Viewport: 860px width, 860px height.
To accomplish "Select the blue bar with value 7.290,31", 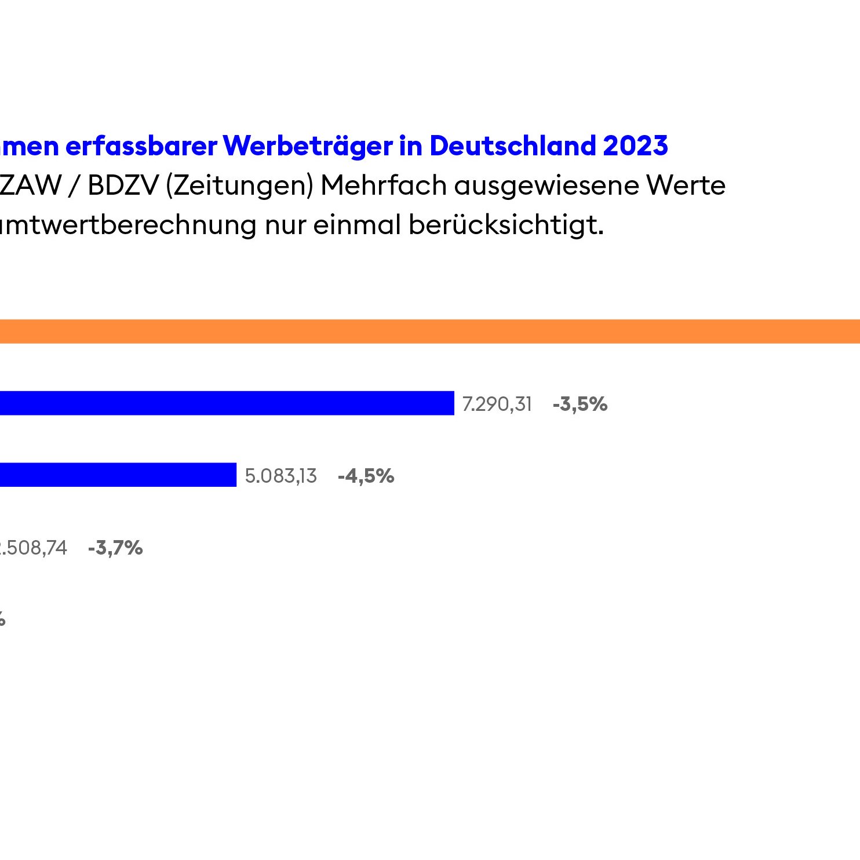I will pyautogui.click(x=226, y=403).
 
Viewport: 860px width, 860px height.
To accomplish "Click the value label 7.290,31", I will pyautogui.click(x=497, y=404).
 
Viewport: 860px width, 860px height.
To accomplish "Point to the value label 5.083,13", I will pyautogui.click(x=281, y=476).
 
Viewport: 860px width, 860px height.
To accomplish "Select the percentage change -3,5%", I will pyautogui.click(x=580, y=404).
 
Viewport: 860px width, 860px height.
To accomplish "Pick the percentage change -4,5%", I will pyautogui.click(x=366, y=476).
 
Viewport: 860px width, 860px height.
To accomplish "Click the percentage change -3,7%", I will pyautogui.click(x=115, y=548).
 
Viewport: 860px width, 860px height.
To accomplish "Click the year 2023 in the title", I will pyautogui.click(x=635, y=145).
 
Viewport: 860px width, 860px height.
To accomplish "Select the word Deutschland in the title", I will pyautogui.click(x=512, y=145).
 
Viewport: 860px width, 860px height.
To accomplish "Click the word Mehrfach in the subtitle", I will pyautogui.click(x=384, y=185).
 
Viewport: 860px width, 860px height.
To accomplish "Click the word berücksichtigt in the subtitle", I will pyautogui.click(x=506, y=225).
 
